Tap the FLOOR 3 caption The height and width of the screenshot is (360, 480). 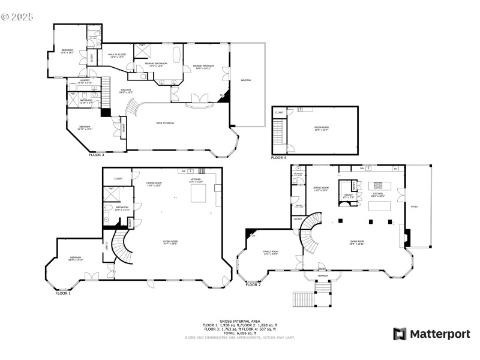(97, 155)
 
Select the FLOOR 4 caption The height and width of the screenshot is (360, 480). (278, 158)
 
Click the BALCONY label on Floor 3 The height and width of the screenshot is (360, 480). (246, 80)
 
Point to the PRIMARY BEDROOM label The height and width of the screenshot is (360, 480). (203, 67)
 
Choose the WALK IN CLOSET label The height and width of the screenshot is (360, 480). (116, 56)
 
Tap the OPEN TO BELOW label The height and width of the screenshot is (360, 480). (165, 122)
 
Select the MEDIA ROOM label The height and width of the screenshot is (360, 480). (323, 128)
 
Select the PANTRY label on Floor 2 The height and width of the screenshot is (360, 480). (347, 196)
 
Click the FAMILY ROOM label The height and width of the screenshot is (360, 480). (271, 252)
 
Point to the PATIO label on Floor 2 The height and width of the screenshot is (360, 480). (414, 207)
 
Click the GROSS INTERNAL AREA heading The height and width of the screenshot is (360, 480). (240, 322)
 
